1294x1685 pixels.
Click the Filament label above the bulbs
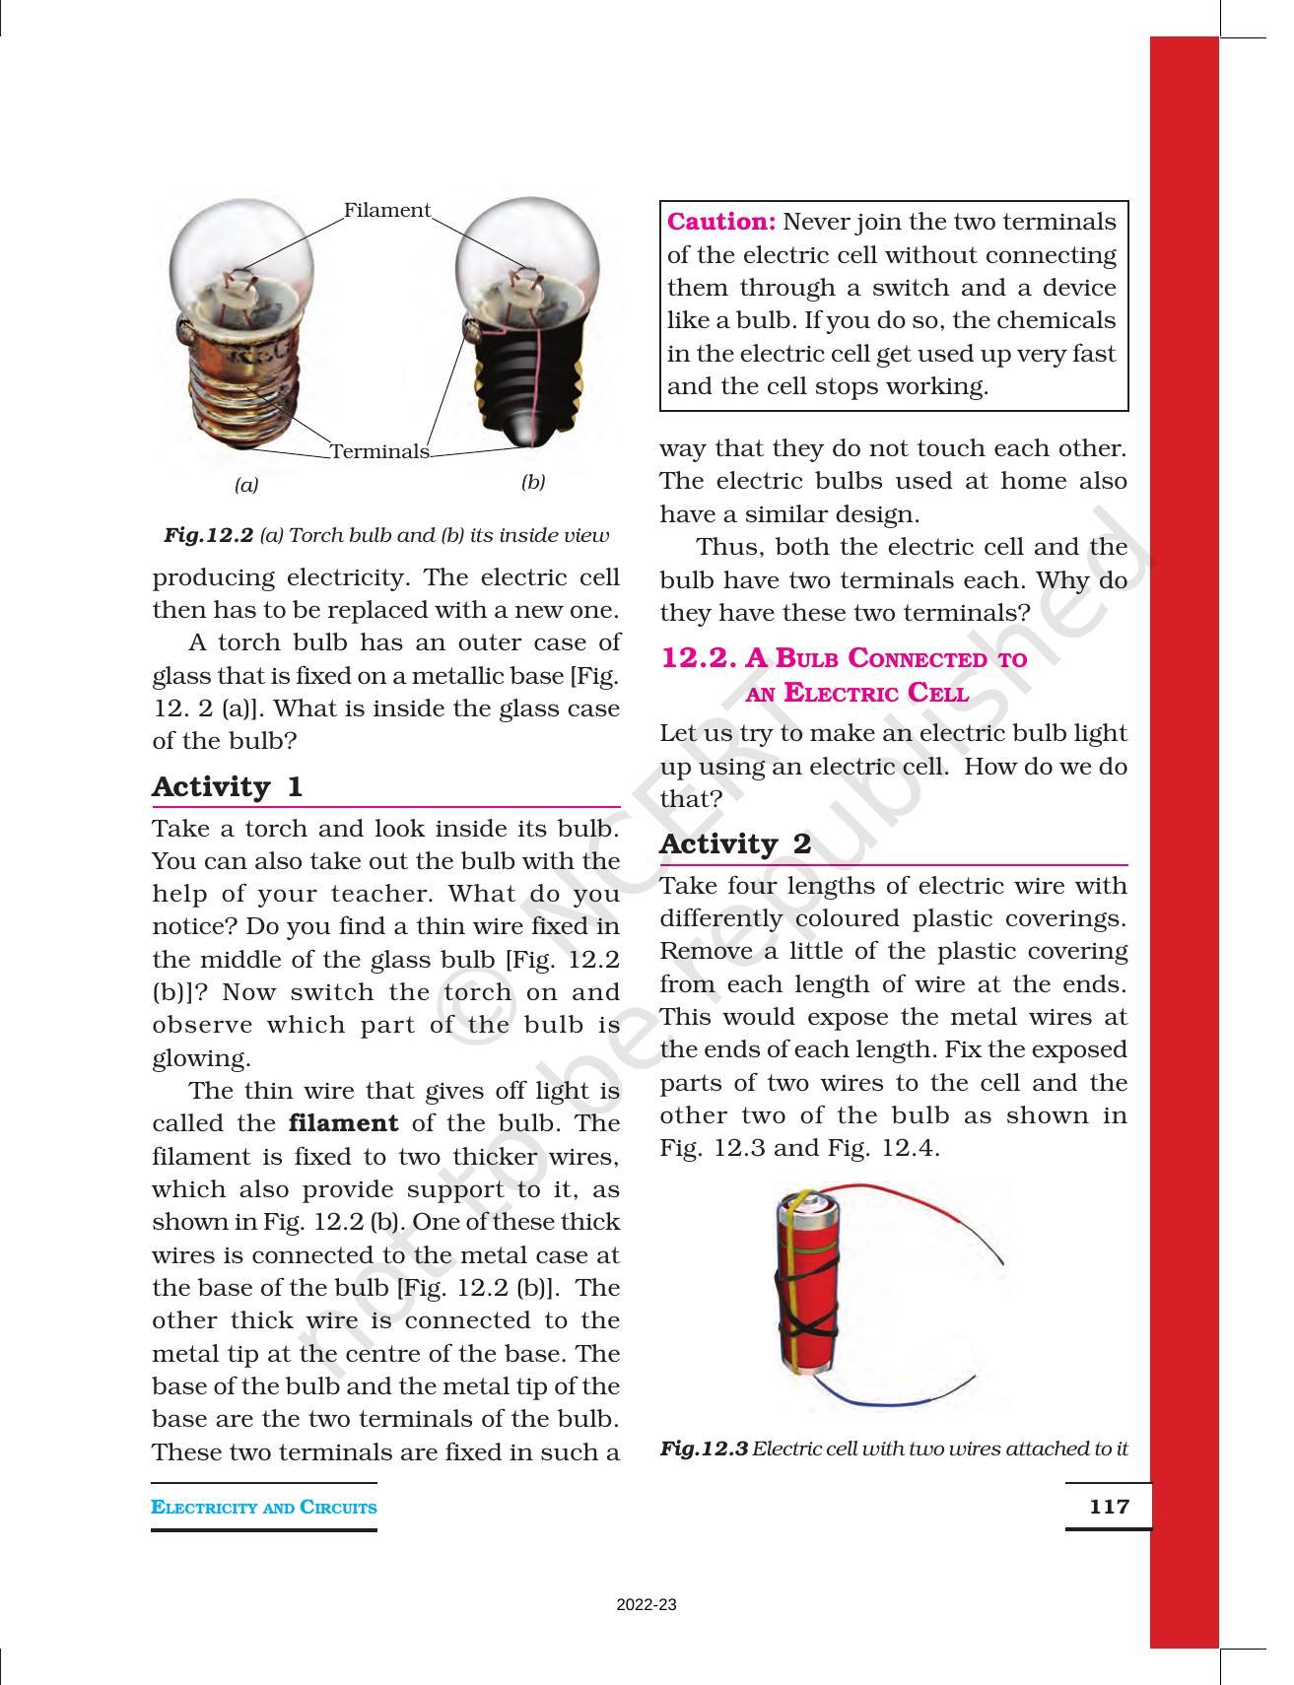click(386, 210)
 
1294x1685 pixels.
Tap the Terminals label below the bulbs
click(379, 451)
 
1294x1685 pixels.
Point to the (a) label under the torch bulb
click(246, 485)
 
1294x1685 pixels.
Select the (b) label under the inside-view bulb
click(533, 482)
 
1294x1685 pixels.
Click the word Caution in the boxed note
click(721, 222)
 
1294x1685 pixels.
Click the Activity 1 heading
click(227, 786)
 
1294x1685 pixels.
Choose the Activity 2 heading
click(735, 843)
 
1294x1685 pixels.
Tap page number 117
click(1109, 1507)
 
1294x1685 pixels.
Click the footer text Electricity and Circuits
click(264, 1508)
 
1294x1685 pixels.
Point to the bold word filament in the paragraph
click(344, 1123)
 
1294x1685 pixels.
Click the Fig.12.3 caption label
click(704, 1449)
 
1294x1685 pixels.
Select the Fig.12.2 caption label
click(208, 535)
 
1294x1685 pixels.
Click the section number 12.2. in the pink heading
click(699, 657)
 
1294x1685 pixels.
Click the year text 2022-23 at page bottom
click(647, 1605)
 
